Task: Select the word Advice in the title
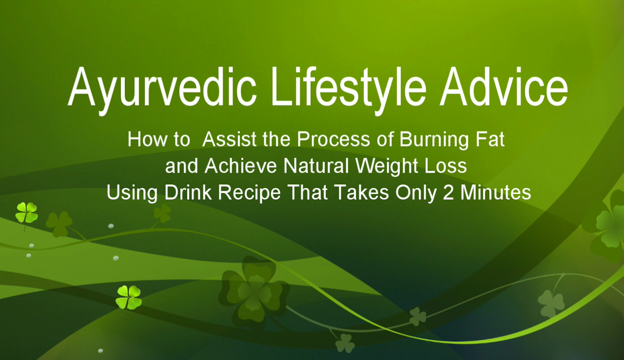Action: tap(505, 88)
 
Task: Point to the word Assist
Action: tap(229, 140)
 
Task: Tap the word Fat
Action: tap(488, 140)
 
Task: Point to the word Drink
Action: tap(188, 193)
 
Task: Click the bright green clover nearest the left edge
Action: tap(26, 213)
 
